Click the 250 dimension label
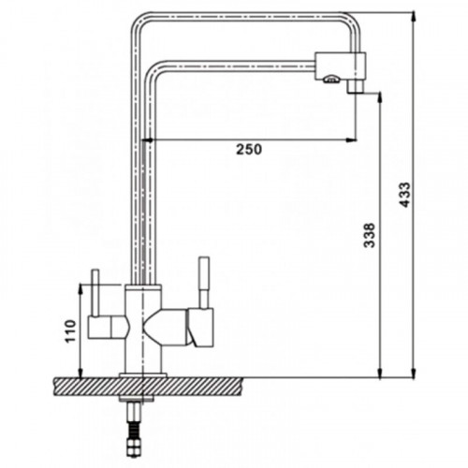click(249, 150)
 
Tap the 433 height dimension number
click(405, 195)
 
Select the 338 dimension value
click(370, 235)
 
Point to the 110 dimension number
click(71, 330)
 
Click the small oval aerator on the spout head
click(331, 80)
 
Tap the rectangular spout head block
click(340, 66)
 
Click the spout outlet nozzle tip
click(355, 86)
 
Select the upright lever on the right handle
click(204, 283)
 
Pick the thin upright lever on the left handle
click(95, 293)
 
